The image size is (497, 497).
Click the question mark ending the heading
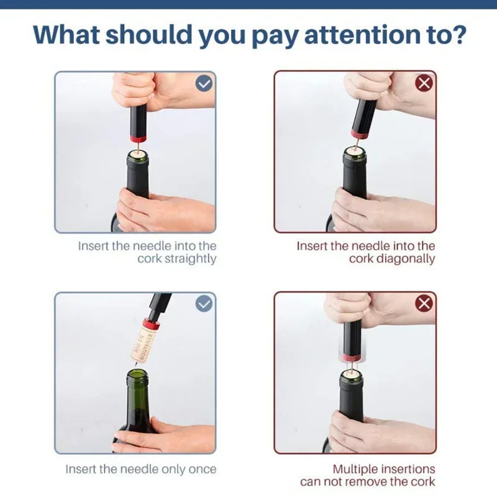point(457,35)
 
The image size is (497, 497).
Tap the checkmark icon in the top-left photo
point(204,83)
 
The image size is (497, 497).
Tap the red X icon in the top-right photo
point(424,83)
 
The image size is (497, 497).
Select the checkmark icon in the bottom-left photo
point(204,304)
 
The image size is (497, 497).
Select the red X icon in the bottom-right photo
point(424,304)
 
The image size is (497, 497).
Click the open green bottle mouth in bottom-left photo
point(137,375)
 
